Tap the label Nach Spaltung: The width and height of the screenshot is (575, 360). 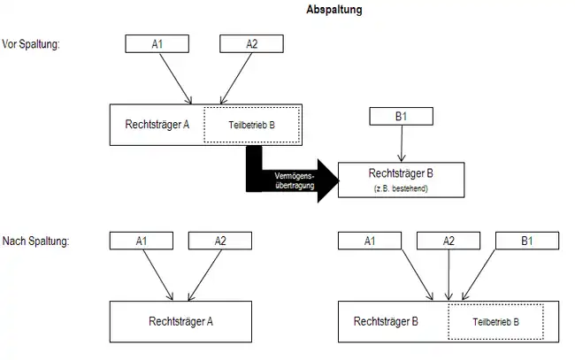click(34, 240)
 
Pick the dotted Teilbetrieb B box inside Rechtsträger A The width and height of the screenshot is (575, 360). click(251, 126)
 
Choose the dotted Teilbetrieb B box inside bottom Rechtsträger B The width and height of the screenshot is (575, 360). click(495, 322)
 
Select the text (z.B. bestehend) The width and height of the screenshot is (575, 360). click(402, 188)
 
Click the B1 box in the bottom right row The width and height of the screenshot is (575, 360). click(526, 239)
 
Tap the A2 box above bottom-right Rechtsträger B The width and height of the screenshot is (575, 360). click(448, 239)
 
